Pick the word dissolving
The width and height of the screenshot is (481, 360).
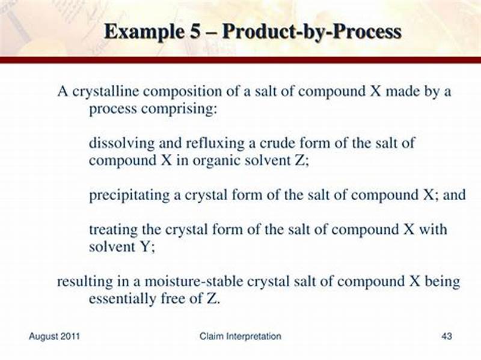click(117, 144)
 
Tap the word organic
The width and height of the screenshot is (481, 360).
click(213, 161)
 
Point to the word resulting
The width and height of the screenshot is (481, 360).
click(80, 281)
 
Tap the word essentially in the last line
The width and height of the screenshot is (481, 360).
click(120, 299)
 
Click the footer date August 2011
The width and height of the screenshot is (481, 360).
click(55, 336)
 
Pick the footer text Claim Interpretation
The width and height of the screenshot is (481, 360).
click(240, 336)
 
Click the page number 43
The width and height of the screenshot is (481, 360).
click(446, 336)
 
